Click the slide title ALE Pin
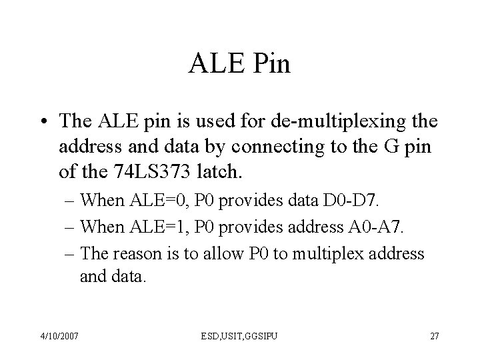[x=240, y=65]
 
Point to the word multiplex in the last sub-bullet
[x=313, y=253]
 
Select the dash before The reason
[x=71, y=253]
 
